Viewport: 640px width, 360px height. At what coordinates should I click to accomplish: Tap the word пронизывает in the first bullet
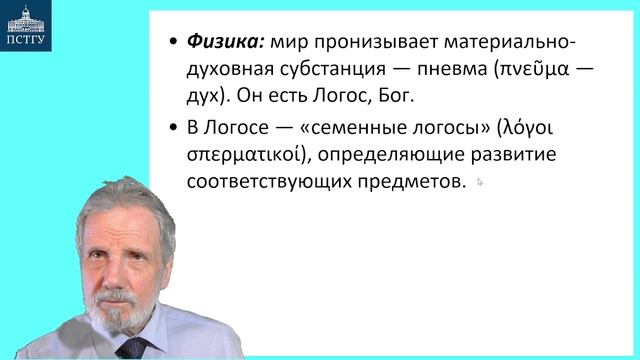click(364, 44)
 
